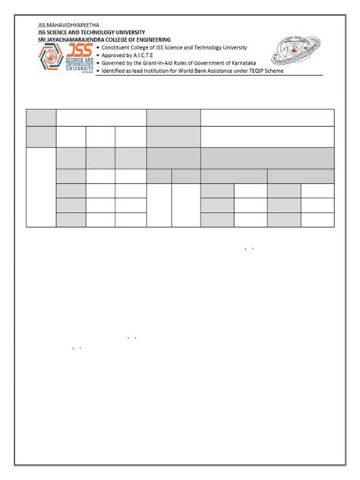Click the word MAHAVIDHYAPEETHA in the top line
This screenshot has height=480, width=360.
coord(66,26)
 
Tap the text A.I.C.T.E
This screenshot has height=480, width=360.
coord(151,55)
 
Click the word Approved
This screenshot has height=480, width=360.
coord(115,55)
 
